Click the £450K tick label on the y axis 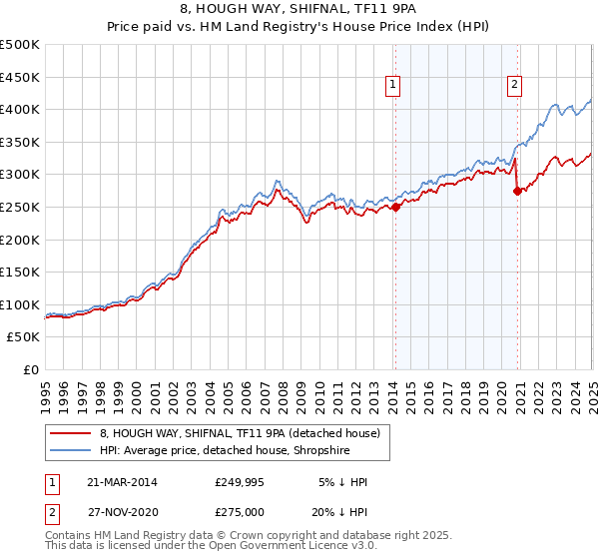coord(20,77)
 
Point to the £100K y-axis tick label coord(20,304)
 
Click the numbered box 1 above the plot coord(394,86)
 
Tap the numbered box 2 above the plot coord(515,86)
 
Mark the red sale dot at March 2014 coord(395,207)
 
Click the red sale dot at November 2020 coord(517,191)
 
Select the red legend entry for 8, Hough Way coord(240,434)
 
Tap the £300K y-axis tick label coord(20,175)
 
